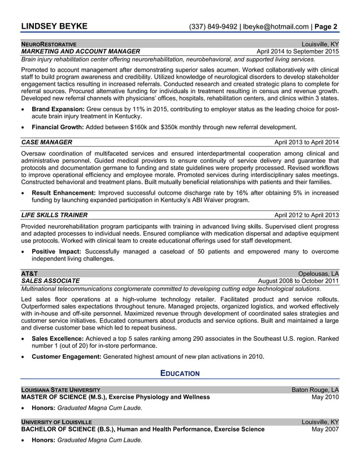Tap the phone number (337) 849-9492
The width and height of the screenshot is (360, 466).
(213, 27)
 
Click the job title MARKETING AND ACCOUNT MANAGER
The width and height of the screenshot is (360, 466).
(80, 51)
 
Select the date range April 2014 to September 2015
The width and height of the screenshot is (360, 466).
(298, 51)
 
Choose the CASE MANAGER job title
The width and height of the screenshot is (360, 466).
(46, 142)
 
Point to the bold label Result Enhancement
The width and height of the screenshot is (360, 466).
(63, 192)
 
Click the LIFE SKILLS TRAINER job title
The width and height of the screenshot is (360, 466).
(54, 215)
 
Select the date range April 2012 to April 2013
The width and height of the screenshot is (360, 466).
(306, 215)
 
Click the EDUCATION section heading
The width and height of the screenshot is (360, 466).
(180, 373)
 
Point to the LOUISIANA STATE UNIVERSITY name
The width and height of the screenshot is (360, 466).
(61, 390)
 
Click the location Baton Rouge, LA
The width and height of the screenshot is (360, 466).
(315, 390)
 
